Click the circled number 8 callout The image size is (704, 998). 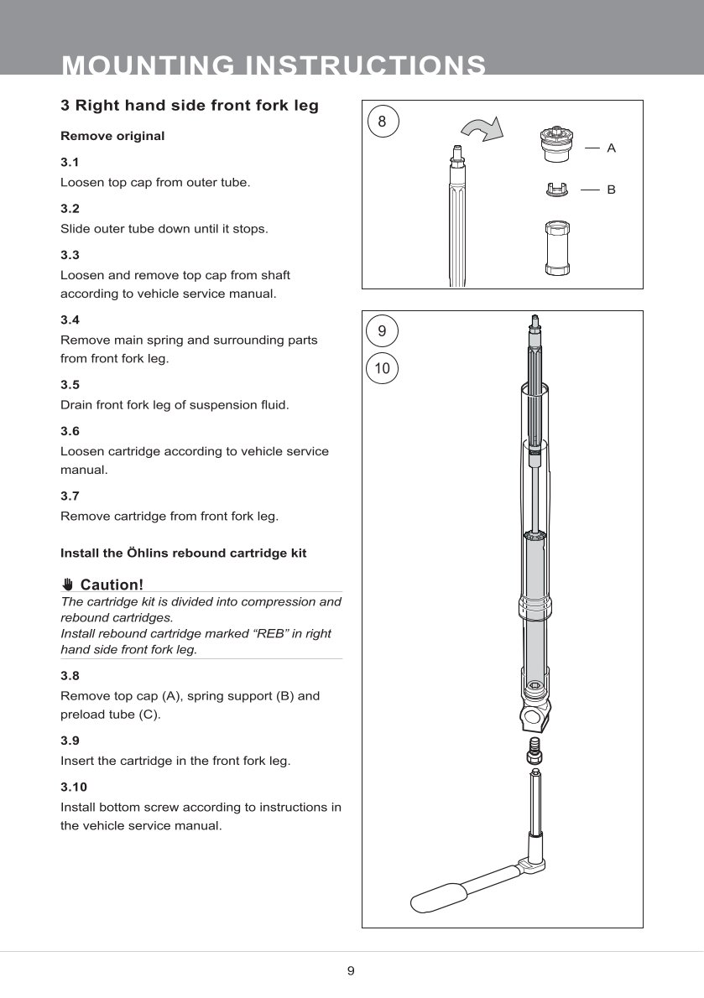382,122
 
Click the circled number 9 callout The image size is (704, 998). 382,331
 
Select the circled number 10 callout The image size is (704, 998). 382,368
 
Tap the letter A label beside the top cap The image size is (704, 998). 611,148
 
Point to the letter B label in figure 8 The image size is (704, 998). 611,190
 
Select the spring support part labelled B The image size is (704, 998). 557,190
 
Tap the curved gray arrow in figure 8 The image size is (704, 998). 482,129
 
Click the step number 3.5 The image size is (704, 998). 70,385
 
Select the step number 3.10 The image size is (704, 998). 73,787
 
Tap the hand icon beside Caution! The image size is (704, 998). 68,585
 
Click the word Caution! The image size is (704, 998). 112,585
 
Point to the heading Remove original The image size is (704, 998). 112,136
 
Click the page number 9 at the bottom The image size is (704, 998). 351,971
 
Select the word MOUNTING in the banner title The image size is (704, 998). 146,65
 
